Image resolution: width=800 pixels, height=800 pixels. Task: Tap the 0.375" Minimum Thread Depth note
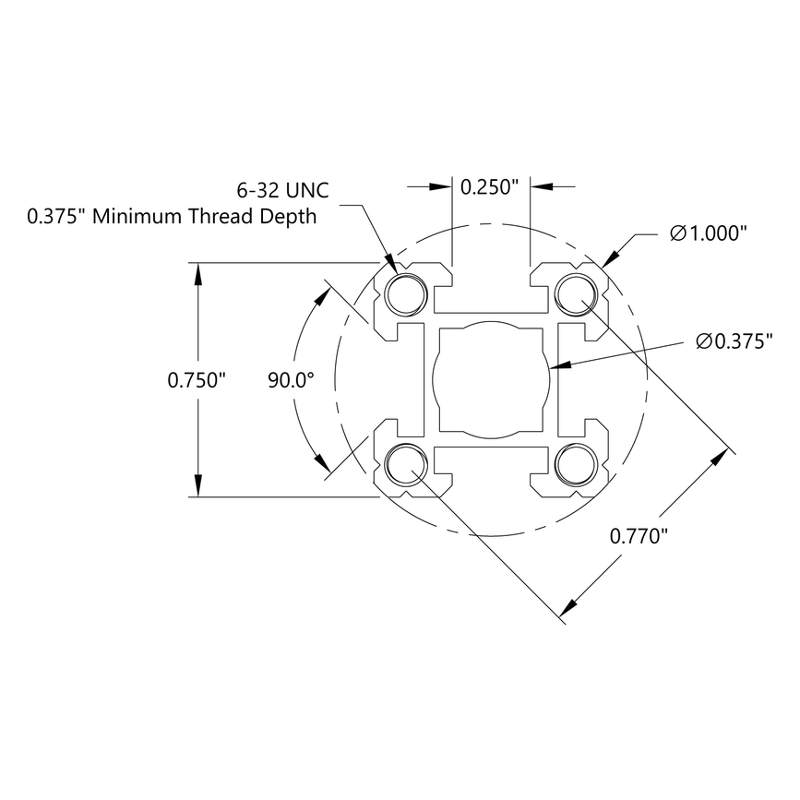pyautogui.click(x=172, y=217)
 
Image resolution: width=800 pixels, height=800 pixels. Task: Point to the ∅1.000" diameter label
pyautogui.click(x=708, y=234)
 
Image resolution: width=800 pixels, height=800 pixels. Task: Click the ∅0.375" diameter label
pyautogui.click(x=734, y=342)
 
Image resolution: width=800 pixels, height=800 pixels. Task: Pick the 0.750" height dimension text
pyautogui.click(x=197, y=379)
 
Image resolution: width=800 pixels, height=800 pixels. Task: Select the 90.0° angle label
pyautogui.click(x=291, y=379)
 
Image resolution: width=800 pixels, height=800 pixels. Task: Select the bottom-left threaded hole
pyautogui.click(x=406, y=464)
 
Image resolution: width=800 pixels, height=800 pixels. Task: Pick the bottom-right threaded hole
pyautogui.click(x=575, y=464)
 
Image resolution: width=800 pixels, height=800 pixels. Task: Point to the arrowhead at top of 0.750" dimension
pyautogui.click(x=197, y=273)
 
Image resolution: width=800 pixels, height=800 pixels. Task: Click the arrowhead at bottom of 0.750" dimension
pyautogui.click(x=197, y=486)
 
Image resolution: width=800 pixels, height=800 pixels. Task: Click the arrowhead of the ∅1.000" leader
pyautogui.click(x=613, y=257)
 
